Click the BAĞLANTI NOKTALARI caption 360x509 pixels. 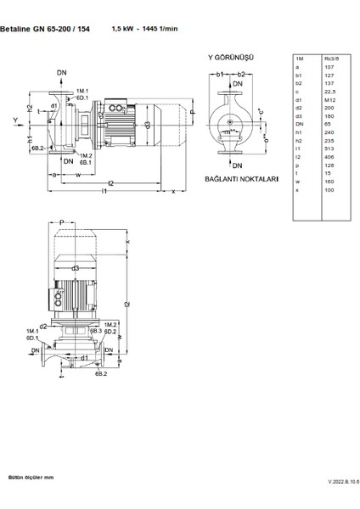242,180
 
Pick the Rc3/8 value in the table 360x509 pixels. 331,58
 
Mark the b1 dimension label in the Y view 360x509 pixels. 218,75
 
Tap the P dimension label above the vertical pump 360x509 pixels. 62,221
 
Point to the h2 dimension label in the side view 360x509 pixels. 29,108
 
